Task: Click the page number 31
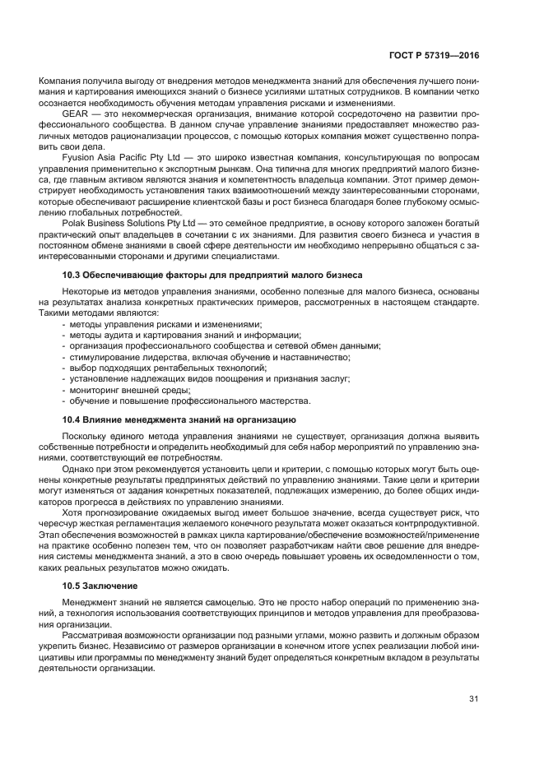pyautogui.click(x=473, y=699)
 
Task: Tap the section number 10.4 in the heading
pyautogui.click(x=72, y=419)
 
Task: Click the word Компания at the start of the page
pyautogui.click(x=55, y=82)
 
